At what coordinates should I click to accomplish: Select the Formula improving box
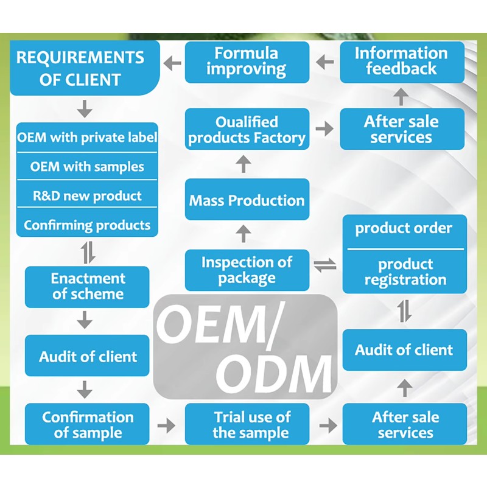[247, 61]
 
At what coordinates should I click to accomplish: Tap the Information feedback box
[402, 61]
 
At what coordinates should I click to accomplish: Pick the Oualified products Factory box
[247, 129]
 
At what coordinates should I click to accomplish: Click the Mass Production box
[247, 200]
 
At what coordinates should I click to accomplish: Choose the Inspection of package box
[247, 270]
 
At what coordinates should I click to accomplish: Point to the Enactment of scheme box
[87, 287]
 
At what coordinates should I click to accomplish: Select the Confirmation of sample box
[87, 425]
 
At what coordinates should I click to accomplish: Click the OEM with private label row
[87, 137]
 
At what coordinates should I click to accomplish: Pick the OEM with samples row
[87, 166]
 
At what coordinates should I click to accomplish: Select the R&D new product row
[87, 196]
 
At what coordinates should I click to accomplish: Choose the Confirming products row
[87, 225]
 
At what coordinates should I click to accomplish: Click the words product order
[404, 229]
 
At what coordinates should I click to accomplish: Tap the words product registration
[405, 272]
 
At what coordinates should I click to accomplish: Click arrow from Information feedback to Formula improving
[325, 61]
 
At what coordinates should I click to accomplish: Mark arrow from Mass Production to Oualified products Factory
[243, 163]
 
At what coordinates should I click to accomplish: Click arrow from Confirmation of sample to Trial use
[166, 425]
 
